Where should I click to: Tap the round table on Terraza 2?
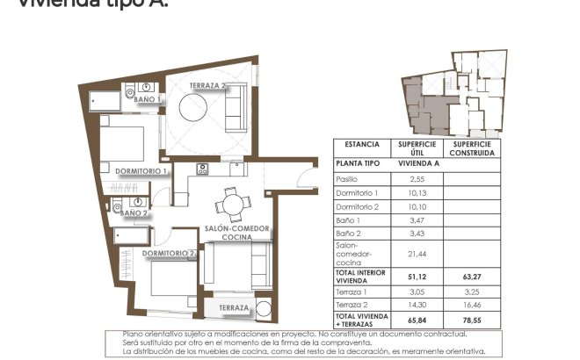[x=193, y=111]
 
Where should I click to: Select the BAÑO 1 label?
[x=147, y=100]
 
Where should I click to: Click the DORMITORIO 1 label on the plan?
[x=141, y=171]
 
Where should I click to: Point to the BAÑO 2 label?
[x=134, y=212]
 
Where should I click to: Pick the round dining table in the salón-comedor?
[x=232, y=205]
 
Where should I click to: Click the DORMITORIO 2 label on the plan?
[x=168, y=253]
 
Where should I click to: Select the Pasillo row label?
[x=348, y=178]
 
